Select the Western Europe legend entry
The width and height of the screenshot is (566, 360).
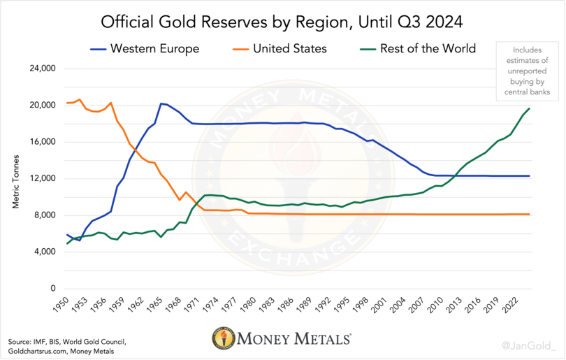pyautogui.click(x=144, y=49)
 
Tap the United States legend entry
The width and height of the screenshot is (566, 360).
pyautogui.click(x=279, y=49)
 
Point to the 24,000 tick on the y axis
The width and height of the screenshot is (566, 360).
pyautogui.click(x=41, y=69)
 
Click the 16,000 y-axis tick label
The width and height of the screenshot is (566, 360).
pyautogui.click(x=41, y=142)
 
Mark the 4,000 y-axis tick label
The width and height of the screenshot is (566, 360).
pyautogui.click(x=43, y=252)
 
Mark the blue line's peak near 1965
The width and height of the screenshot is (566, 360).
pyautogui.click(x=161, y=103)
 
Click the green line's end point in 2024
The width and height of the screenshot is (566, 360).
pyautogui.click(x=529, y=108)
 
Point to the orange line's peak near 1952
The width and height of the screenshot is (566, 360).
pyautogui.click(x=80, y=99)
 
